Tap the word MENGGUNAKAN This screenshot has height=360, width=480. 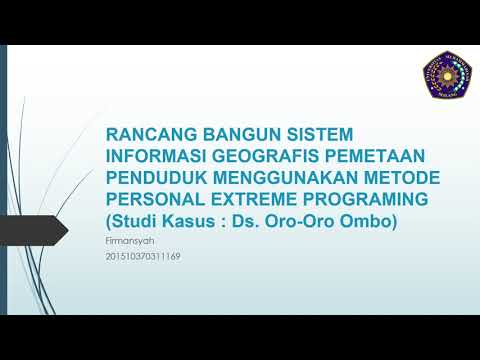click(x=283, y=177)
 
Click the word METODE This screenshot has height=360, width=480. click(x=394, y=177)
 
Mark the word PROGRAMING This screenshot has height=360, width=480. click(x=366, y=199)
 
